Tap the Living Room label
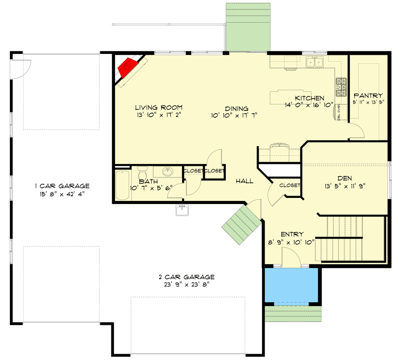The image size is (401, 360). coord(159,108)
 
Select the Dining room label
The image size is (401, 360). coord(236,109)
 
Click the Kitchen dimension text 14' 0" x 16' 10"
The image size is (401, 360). coord(309,106)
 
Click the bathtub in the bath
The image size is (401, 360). coord(122,185)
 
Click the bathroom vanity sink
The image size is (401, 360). coord(168,171)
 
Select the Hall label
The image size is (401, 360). coord(245,181)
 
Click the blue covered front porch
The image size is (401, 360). coord(291,285)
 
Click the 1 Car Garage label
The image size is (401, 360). coord(63,186)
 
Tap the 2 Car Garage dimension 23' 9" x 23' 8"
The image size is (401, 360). coord(187,284)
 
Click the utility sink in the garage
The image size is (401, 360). coord(182,210)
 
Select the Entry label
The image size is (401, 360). coord(292,234)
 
